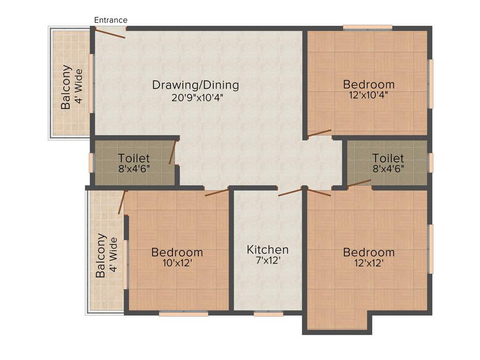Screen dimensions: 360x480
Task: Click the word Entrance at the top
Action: (111, 20)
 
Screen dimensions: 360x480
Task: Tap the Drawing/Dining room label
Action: (195, 85)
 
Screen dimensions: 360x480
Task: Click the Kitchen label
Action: (268, 249)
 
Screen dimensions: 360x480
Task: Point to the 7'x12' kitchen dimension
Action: (268, 261)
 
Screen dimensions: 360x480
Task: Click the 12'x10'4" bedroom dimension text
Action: (368, 94)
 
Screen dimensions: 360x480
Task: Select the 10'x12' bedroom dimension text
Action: (177, 263)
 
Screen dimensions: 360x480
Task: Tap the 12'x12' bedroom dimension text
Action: (368, 263)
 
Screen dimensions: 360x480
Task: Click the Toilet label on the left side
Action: (134, 158)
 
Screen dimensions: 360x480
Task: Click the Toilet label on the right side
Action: (388, 158)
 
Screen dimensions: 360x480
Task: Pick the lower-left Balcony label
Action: (100, 255)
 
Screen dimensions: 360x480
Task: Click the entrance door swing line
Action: (110, 33)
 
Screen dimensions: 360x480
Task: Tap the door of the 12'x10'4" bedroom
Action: (319, 133)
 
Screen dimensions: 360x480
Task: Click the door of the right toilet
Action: (359, 183)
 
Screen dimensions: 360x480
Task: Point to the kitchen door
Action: (290, 192)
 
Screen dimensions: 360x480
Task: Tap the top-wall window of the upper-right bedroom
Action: (367, 27)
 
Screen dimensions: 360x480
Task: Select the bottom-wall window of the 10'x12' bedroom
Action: (183, 314)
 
